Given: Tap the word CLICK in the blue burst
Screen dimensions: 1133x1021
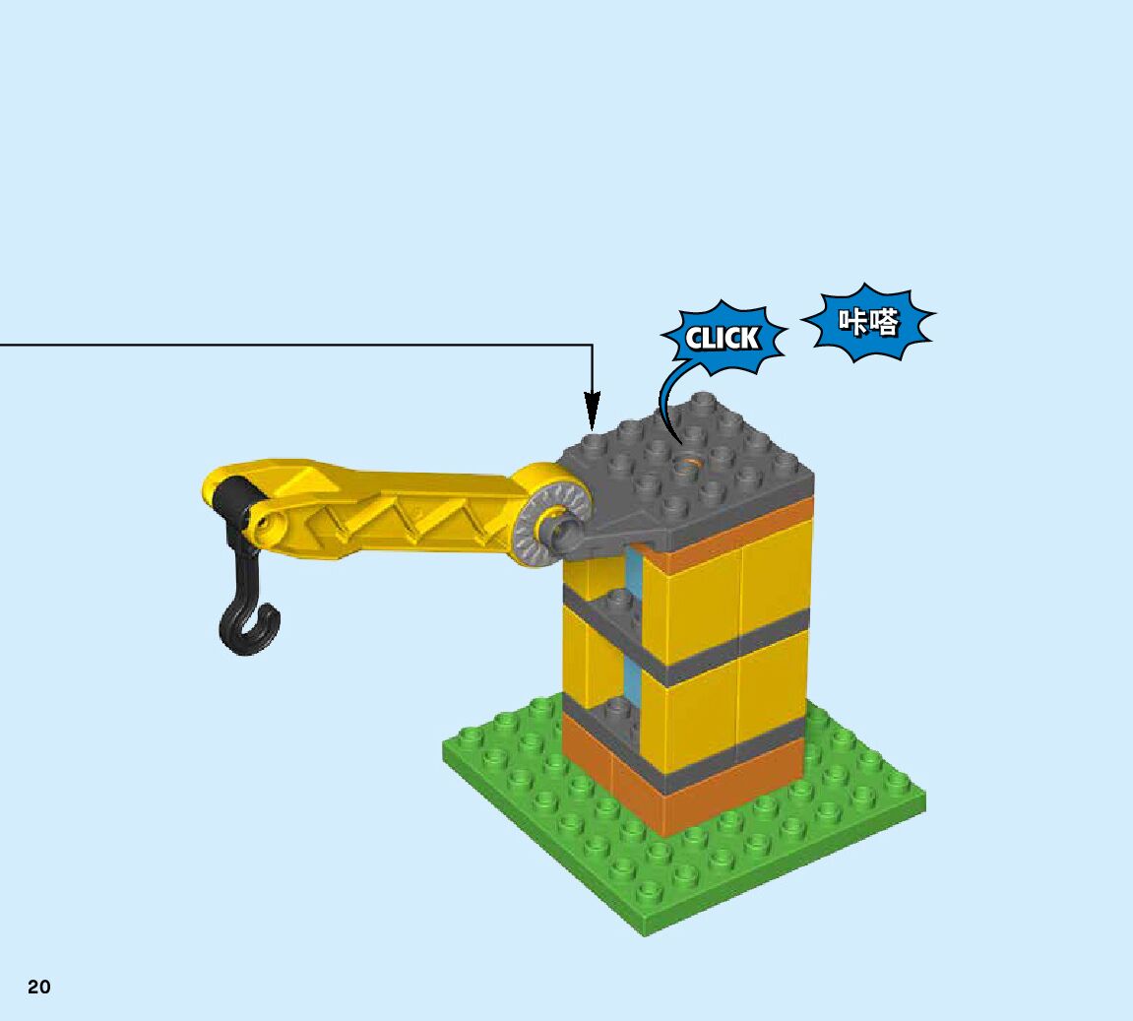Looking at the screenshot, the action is point(724,339).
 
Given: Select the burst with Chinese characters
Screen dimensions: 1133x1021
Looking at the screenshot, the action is point(869,322).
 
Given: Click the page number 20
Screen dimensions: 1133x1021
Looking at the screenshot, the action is point(39,987).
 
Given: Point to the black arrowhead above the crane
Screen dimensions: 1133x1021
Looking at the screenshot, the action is point(592,409).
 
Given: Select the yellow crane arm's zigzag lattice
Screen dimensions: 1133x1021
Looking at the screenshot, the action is point(413,512).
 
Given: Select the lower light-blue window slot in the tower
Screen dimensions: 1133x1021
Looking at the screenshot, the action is point(631,674).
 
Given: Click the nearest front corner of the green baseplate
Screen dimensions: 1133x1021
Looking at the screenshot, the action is point(645,930).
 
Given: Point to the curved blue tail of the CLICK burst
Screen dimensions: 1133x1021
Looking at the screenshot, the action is point(666,404).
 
